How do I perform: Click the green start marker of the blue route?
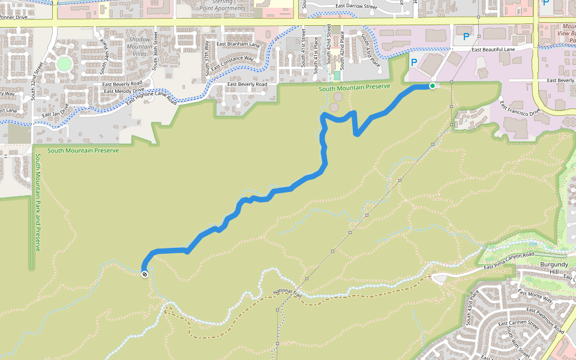pos(432,86)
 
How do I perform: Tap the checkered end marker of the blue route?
pos(145,274)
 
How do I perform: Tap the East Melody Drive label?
pos(124,91)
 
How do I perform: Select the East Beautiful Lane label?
pos(493,49)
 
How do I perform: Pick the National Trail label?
pos(287,294)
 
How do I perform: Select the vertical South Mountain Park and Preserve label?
pos(37,202)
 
